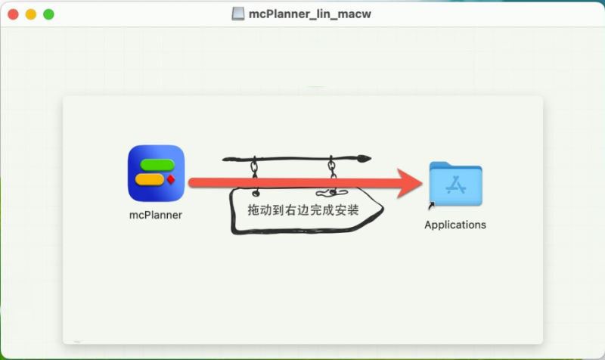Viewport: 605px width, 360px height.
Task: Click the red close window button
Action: click(13, 14)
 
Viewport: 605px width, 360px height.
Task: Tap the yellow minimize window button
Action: click(31, 14)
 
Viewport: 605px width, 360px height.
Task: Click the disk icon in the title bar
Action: click(237, 14)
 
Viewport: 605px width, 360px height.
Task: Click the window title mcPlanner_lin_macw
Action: click(310, 14)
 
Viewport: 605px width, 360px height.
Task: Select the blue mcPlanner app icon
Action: click(156, 173)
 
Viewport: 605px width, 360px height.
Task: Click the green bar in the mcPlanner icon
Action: click(157, 165)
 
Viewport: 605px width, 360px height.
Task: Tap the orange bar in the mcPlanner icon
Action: click(150, 179)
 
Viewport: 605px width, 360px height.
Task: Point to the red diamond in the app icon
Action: click(171, 179)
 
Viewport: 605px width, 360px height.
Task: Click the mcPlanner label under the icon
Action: click(156, 215)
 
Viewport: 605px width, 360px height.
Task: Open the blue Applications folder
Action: click(456, 184)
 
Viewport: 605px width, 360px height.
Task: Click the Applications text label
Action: click(455, 225)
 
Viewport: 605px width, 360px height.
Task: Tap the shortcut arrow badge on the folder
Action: click(431, 206)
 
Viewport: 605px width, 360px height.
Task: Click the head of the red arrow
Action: click(410, 183)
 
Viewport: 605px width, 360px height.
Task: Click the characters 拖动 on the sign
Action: click(260, 210)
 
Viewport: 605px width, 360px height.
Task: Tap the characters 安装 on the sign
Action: click(346, 210)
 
